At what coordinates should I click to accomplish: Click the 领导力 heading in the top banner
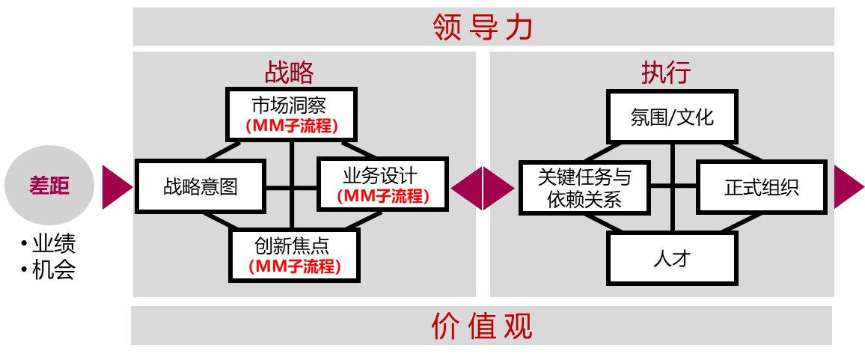point(483,27)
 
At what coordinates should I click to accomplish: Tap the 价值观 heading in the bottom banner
point(483,326)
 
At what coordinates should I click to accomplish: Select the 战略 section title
point(289,72)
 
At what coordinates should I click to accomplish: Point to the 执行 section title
point(665,72)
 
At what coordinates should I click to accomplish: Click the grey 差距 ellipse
point(50,186)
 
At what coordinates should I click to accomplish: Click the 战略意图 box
point(201,186)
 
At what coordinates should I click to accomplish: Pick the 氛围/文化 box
point(672,118)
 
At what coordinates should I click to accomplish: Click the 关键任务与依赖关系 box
point(584,187)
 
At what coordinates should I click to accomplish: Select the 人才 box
point(672,258)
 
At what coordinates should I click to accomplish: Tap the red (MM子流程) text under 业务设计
point(382,197)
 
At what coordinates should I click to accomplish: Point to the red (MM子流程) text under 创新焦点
point(294,266)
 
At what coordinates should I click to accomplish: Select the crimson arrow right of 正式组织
point(847,186)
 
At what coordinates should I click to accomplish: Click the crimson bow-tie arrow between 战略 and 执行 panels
point(483,187)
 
